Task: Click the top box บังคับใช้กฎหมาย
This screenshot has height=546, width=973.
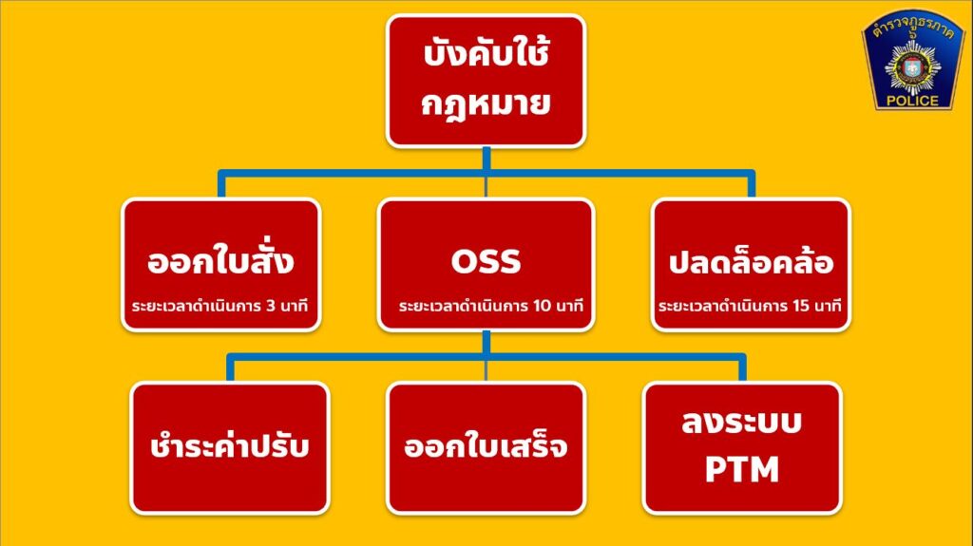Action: click(x=486, y=81)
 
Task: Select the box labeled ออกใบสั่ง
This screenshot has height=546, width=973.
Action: click(x=221, y=264)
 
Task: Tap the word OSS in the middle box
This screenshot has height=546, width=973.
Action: click(x=486, y=261)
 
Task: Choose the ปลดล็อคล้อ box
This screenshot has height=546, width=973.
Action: click(x=751, y=264)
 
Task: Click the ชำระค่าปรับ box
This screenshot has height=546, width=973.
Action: click(x=230, y=448)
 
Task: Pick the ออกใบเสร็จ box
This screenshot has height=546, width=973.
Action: click(x=486, y=448)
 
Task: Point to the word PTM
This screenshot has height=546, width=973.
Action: click(x=742, y=470)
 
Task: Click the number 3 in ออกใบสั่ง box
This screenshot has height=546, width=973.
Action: click(x=271, y=305)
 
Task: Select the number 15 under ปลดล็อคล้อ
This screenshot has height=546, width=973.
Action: click(x=797, y=305)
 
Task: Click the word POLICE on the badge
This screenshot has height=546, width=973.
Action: click(x=912, y=101)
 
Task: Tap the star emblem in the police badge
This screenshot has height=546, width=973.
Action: click(x=912, y=67)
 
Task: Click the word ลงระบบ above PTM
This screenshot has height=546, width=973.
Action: click(x=742, y=422)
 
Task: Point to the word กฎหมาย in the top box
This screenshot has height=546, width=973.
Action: click(x=486, y=104)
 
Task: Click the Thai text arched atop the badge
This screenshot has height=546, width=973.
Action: click(x=912, y=26)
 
